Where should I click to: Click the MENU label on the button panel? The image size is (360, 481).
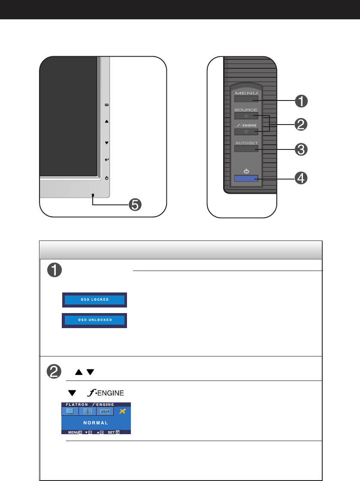click(246, 93)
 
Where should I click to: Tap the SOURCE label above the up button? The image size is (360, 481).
click(246, 110)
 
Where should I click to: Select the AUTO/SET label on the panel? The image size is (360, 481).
click(246, 143)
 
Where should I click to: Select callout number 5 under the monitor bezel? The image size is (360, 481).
click(135, 205)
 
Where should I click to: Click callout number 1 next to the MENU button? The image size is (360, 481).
click(301, 101)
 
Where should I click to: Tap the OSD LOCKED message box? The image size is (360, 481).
click(94, 299)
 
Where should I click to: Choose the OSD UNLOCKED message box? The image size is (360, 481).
click(94, 320)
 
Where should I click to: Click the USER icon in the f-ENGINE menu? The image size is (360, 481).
click(106, 411)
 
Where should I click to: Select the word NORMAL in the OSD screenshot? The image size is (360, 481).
click(96, 423)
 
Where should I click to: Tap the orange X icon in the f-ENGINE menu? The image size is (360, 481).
click(123, 411)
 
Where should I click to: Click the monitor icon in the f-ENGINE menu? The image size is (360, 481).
click(70, 411)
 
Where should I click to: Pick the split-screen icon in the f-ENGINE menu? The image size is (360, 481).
click(87, 411)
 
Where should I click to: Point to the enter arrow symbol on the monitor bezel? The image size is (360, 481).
click(106, 160)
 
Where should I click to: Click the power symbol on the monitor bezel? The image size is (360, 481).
click(106, 178)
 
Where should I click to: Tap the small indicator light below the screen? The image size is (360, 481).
click(92, 195)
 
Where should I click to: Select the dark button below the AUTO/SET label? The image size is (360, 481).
click(246, 149)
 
